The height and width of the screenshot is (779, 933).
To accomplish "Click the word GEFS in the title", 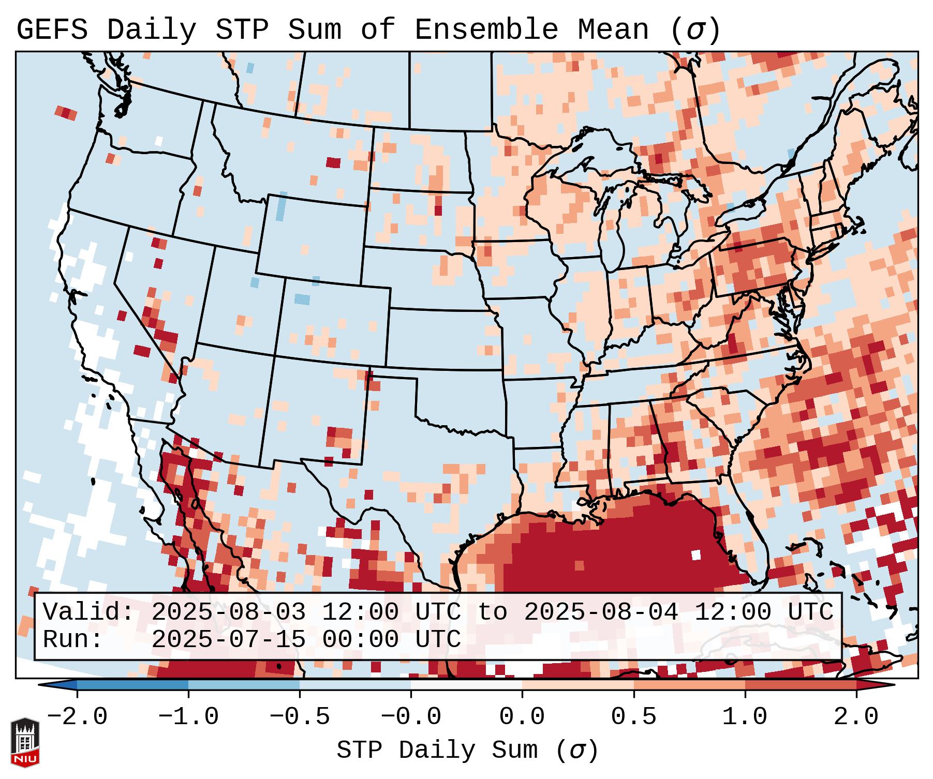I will pyautogui.click(x=52, y=30).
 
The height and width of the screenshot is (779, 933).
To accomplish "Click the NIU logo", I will pyautogui.click(x=25, y=743).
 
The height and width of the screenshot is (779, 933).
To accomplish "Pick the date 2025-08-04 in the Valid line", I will pyautogui.click(x=601, y=612).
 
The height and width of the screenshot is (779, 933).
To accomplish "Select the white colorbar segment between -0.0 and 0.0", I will pyautogui.click(x=466, y=685).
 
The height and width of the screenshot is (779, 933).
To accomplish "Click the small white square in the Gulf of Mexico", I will pyautogui.click(x=696, y=555).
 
